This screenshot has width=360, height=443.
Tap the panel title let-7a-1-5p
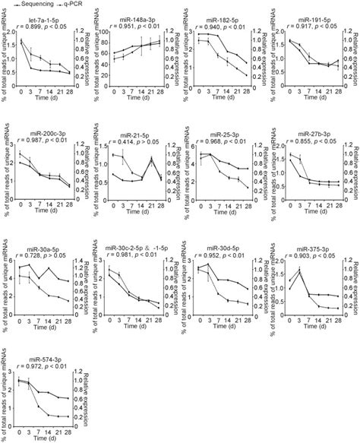[46, 19]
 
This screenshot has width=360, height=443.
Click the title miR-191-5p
[309, 19]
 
